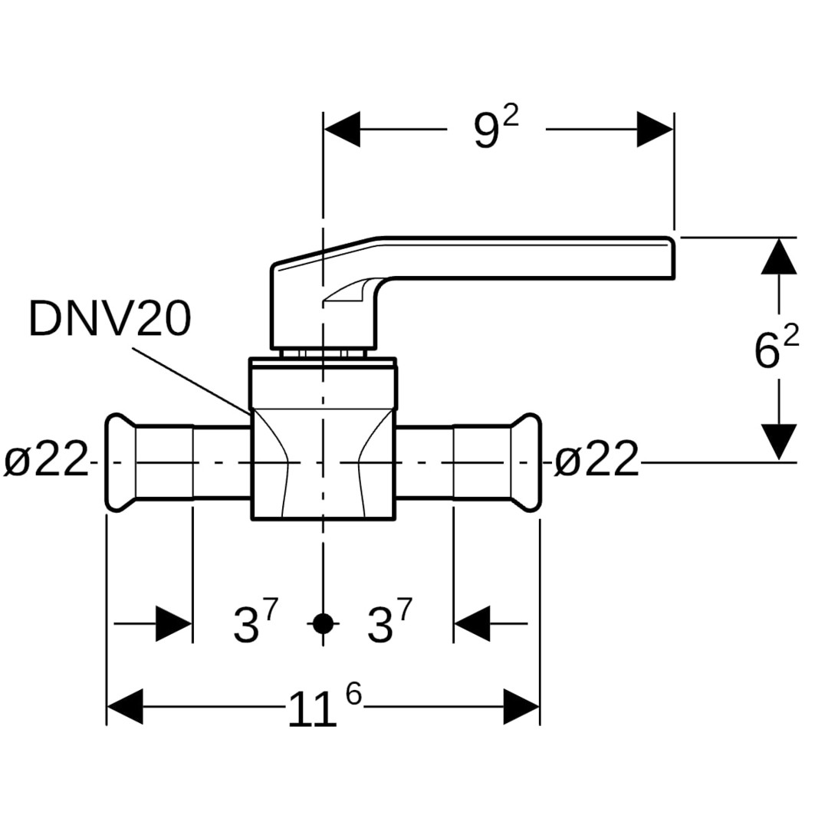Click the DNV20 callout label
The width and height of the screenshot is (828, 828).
coord(110,319)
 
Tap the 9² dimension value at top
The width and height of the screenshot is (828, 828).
coord(495,129)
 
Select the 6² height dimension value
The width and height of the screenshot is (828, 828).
coord(776,350)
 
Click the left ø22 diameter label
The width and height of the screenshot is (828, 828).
coord(46,462)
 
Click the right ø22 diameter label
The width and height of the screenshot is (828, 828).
coord(596,462)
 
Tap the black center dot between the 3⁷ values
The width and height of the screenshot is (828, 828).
coord(324,623)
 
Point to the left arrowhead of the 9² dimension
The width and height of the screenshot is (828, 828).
coord(342,130)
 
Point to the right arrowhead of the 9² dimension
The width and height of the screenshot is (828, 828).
coord(655,130)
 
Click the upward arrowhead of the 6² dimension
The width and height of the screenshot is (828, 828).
coord(779,255)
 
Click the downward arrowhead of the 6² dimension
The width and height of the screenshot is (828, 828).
coord(779,442)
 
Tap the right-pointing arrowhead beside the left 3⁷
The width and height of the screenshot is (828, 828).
coord(173,623)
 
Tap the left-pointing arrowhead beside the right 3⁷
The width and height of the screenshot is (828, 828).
coord(472,623)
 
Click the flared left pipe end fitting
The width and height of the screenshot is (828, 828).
coord(120,462)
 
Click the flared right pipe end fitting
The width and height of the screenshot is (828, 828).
coord(526,462)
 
